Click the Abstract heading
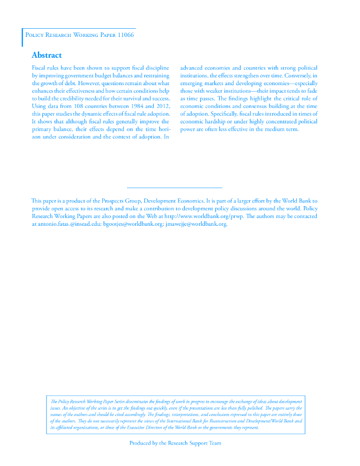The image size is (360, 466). coord(46,55)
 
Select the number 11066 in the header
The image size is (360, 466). coord(126,35)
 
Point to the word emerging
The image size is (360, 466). coord(191,83)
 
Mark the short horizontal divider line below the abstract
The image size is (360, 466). coord(174,187)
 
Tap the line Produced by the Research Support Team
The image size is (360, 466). coord(175,443)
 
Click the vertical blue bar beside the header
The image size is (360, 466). coord(22,37)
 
